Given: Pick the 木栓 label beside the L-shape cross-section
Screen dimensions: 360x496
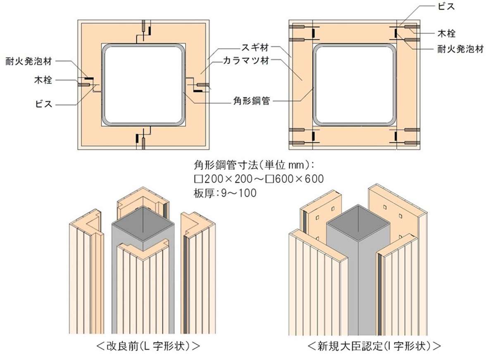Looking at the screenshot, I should click(x=44, y=80).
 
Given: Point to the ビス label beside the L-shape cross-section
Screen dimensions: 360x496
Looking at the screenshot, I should click(x=44, y=104).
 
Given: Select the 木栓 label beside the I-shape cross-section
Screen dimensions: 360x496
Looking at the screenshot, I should click(x=447, y=32).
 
